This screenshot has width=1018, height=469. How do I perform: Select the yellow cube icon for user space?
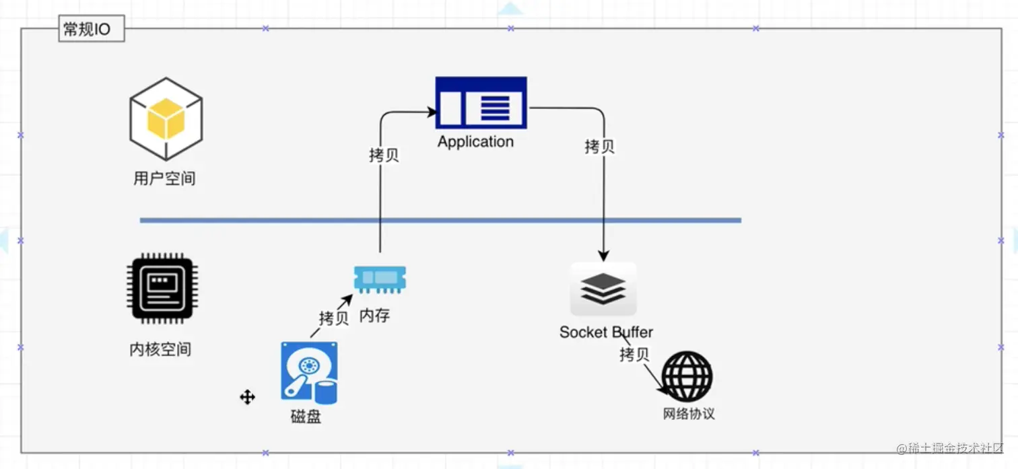166,118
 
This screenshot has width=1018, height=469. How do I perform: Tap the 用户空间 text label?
164,178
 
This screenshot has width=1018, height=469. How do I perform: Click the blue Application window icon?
481,102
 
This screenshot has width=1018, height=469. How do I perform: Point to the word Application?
475,142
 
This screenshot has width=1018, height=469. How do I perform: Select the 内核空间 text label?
160,349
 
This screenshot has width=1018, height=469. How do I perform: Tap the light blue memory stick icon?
380,279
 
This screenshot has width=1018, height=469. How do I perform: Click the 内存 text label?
374,315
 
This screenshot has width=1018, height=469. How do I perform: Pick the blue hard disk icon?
309,373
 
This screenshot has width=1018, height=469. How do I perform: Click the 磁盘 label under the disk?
306,417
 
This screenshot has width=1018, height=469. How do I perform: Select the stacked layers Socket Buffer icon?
603,289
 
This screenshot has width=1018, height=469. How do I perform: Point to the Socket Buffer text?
606,332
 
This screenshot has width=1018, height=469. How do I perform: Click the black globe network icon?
687,376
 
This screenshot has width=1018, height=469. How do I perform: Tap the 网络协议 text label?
688,413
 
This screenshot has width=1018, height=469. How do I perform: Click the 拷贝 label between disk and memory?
334,318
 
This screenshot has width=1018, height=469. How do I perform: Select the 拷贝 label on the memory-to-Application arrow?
384,155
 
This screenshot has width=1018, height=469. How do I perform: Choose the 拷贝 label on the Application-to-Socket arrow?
599,146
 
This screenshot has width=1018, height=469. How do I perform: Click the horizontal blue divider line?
440,220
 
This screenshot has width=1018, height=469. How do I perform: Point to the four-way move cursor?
247,397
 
